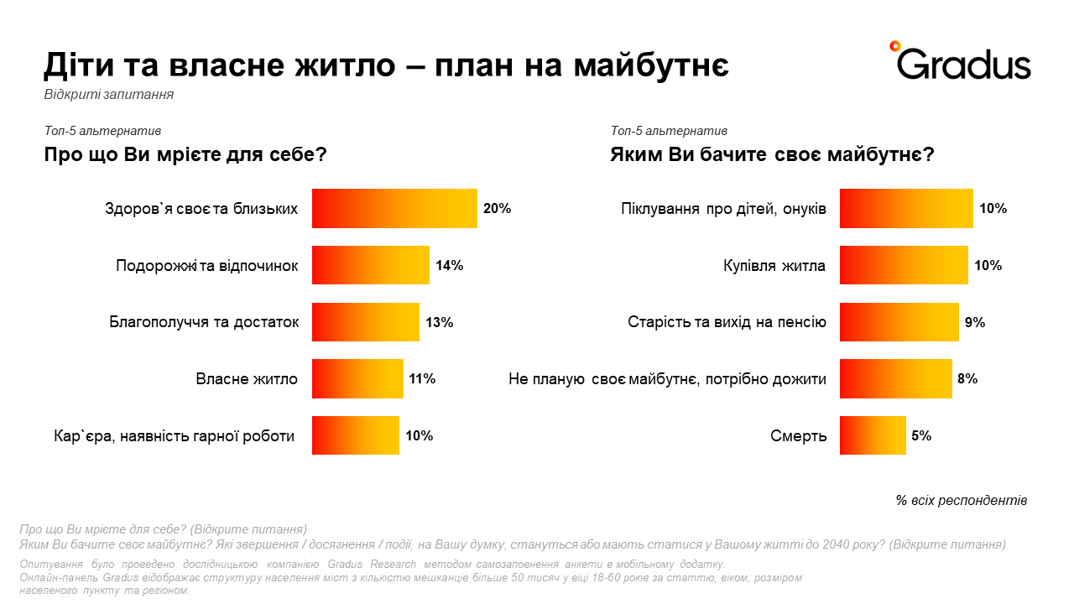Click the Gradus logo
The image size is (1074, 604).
coord(960,61)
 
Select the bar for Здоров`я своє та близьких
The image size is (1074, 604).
coord(394,208)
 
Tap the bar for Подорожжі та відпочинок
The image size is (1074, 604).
coord(370,265)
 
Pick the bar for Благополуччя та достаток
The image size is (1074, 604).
coord(365,322)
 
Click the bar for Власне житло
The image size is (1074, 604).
coord(357,378)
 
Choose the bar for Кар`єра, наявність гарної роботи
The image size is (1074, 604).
coord(355,435)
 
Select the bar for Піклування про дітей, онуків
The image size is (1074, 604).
coord(906,208)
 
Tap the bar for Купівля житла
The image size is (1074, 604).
coord(904,265)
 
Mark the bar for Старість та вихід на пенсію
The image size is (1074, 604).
coord(899,322)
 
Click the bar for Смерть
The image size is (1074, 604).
coord(873,435)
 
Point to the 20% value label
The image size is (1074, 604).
coord(498,209)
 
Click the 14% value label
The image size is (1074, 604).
coord(450,266)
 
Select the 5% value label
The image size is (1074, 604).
coord(922,436)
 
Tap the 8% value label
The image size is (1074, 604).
coord(967,379)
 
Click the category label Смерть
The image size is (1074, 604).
coord(799,436)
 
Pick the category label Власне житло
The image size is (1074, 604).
coord(247,379)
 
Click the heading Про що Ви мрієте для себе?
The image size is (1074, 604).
coord(185,155)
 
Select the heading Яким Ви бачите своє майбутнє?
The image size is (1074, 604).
coord(773,155)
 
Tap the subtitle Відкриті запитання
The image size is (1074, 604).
coord(109,95)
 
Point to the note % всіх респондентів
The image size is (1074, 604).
coord(962,501)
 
